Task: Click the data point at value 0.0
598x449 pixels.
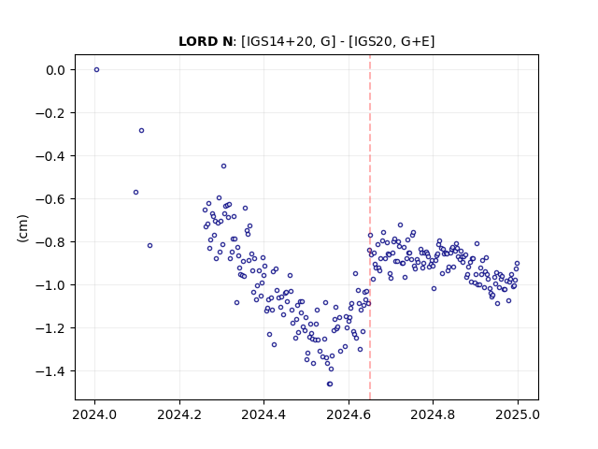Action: pos(96,70)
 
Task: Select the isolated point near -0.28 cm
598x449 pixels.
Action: pos(141,131)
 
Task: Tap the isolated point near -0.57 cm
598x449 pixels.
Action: pos(135,193)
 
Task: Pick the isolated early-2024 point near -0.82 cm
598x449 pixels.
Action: pos(149,245)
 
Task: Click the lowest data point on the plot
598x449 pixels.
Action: pos(330,384)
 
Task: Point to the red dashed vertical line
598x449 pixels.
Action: pos(370,227)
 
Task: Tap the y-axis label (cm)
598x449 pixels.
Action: pos(22,228)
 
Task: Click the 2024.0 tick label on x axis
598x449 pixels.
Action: pos(95,414)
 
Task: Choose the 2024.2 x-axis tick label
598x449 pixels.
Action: pos(179,414)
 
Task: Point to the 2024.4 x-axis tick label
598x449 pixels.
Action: pos(263,414)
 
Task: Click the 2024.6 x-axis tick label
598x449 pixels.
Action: pos(349,414)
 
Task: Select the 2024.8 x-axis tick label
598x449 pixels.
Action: pos(433,414)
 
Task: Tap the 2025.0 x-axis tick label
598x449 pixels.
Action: pos(518,414)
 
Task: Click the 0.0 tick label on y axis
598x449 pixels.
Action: pos(56,70)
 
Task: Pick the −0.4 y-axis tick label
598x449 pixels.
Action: pos(50,156)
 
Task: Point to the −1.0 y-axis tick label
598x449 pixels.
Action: pos(50,285)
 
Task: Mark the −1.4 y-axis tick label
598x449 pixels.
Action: pos(50,371)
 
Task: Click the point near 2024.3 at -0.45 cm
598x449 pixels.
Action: pos(224,167)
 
